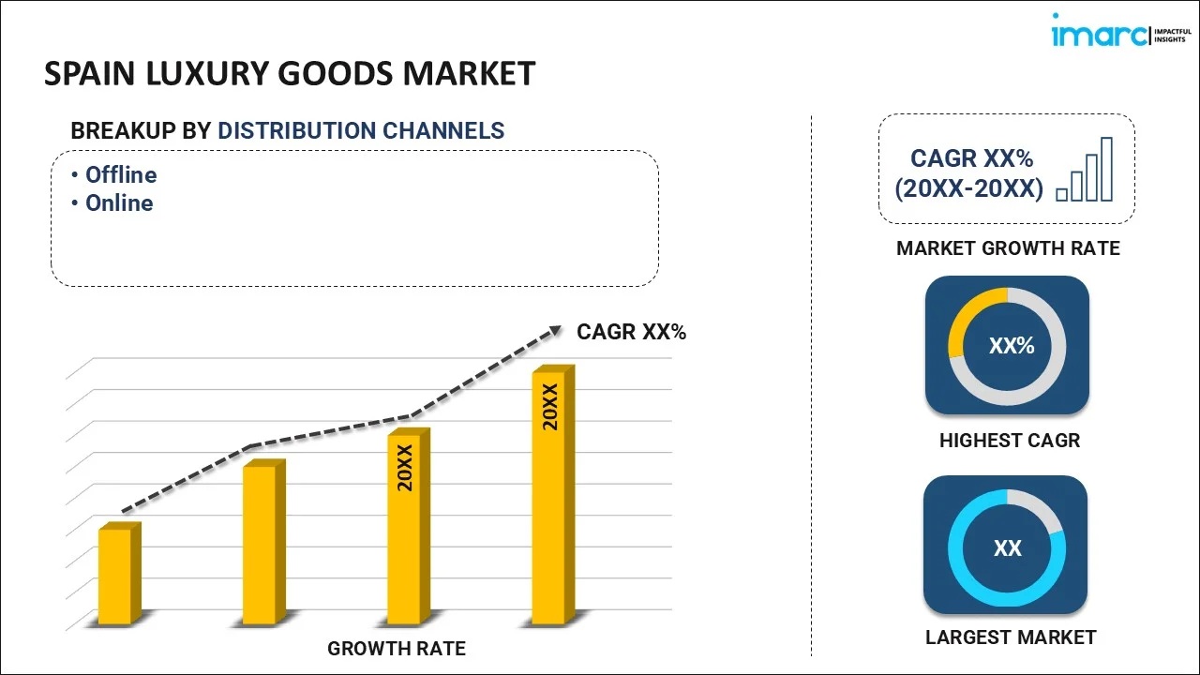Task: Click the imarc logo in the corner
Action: tap(1116, 35)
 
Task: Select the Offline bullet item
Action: tap(120, 175)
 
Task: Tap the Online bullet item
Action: tap(118, 203)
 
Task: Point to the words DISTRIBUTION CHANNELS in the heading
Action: tap(361, 131)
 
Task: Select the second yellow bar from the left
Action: tap(261, 544)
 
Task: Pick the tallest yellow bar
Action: tap(549, 497)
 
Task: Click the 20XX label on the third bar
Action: tap(405, 469)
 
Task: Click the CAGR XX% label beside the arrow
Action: tap(631, 332)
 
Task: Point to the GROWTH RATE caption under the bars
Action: tap(397, 648)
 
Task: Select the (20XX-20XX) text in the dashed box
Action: tap(968, 188)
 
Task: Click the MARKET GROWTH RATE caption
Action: tap(1008, 248)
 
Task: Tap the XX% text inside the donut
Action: tap(1012, 346)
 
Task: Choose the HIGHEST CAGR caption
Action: tap(1010, 441)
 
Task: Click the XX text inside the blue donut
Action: tap(1008, 548)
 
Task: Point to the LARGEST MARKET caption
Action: tap(1011, 637)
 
